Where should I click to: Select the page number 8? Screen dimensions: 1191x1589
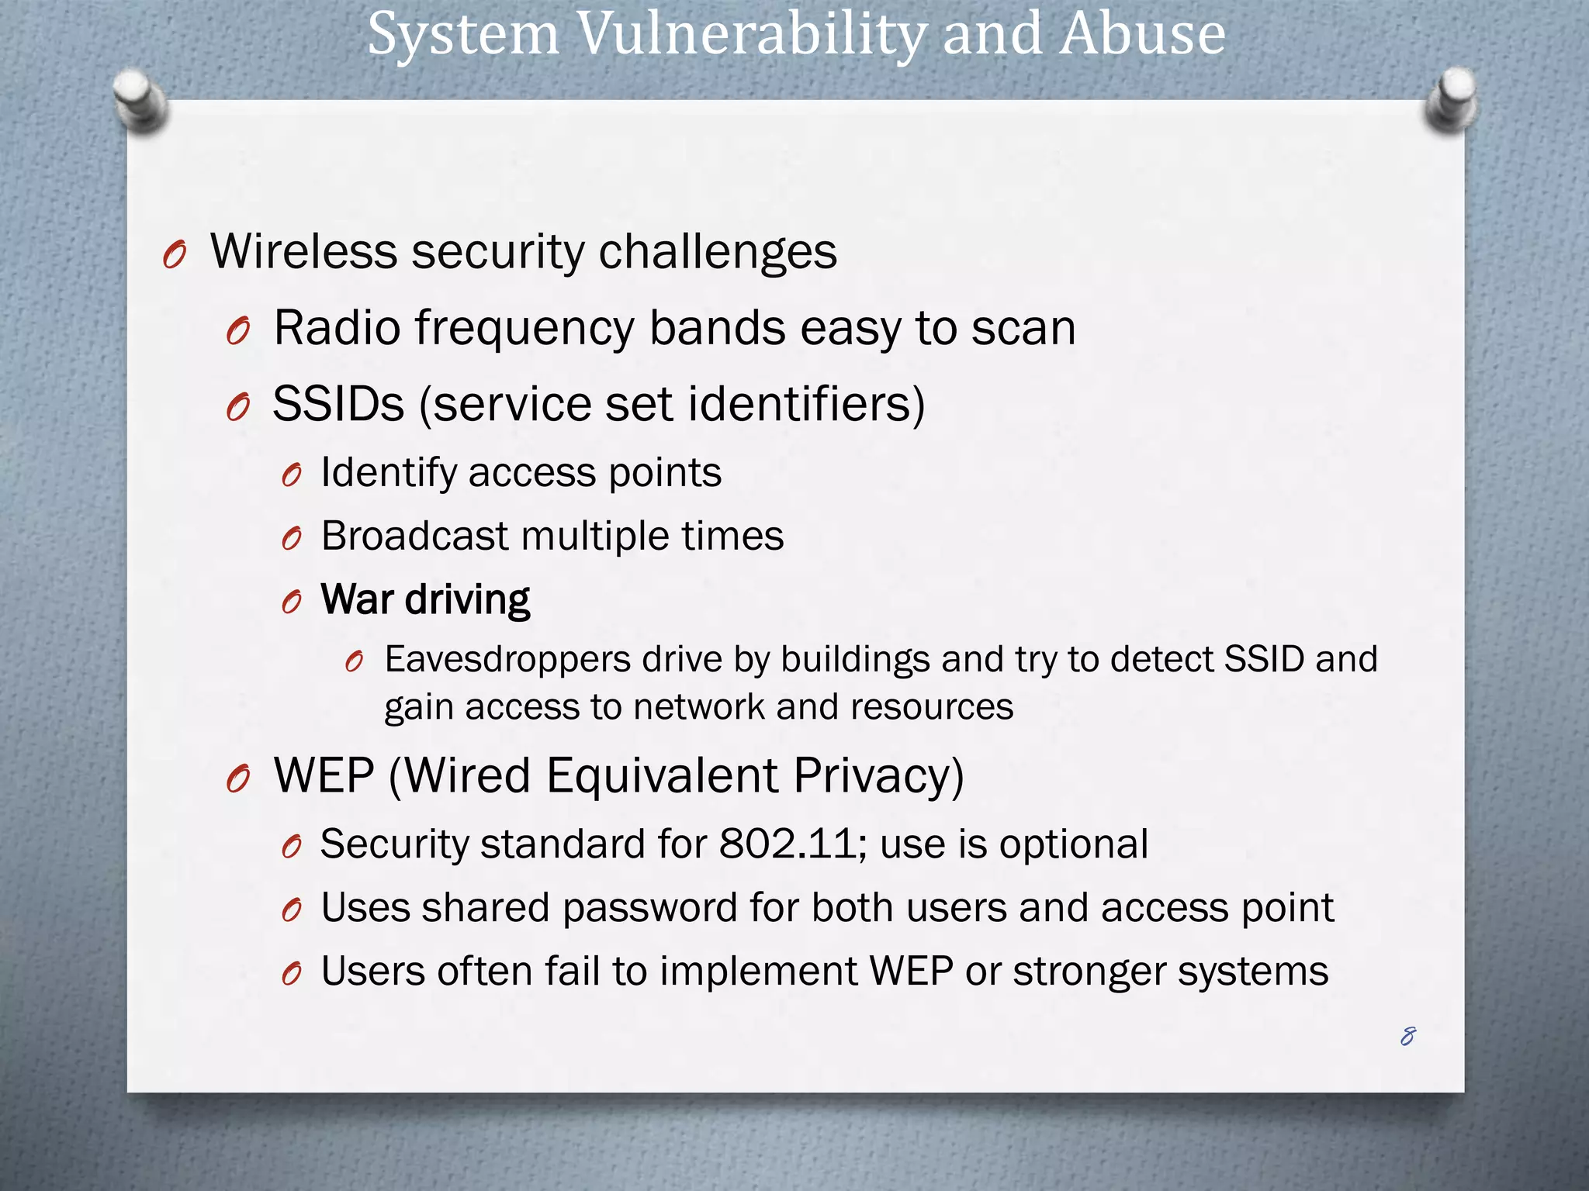click(x=1407, y=1036)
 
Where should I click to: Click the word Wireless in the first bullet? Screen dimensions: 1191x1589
click(x=303, y=252)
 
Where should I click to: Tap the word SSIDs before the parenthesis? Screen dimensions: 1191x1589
click(x=338, y=404)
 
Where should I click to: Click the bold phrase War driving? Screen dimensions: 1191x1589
click(x=425, y=599)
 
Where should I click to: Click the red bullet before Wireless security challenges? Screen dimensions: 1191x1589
click(x=175, y=255)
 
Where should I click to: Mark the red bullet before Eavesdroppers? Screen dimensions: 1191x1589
click(x=354, y=661)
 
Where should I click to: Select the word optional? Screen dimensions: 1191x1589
click(x=1073, y=844)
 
